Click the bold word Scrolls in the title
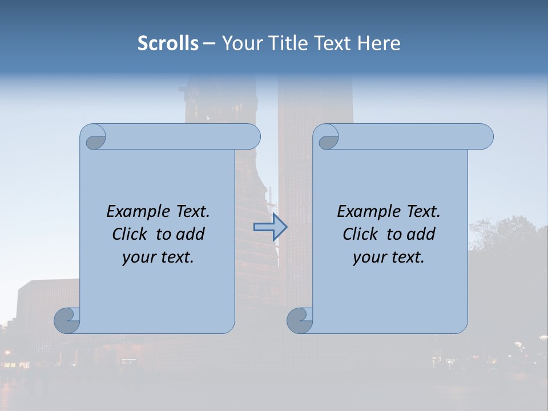168,43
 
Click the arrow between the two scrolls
270,227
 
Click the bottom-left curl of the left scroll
67,320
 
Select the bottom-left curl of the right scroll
300,320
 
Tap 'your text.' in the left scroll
158,257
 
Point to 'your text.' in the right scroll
389,257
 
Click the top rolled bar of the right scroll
411,136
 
